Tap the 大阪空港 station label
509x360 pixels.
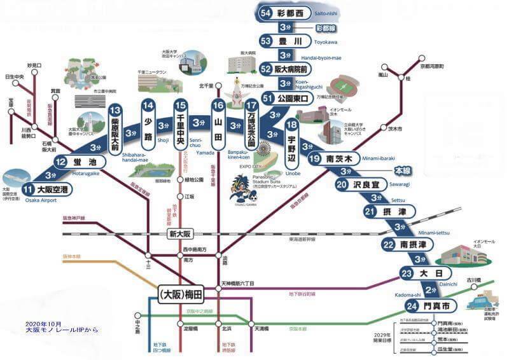pos(46,190)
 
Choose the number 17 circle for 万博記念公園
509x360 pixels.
pos(251,105)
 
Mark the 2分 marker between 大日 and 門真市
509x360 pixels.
pos(430,289)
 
